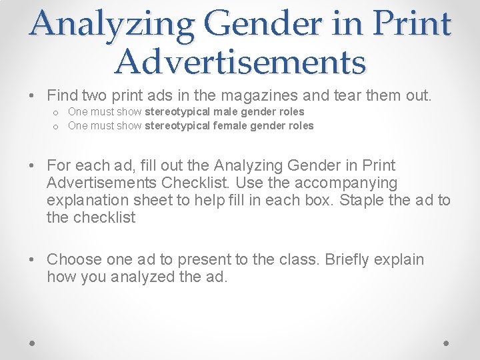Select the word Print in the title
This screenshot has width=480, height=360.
(412, 25)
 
